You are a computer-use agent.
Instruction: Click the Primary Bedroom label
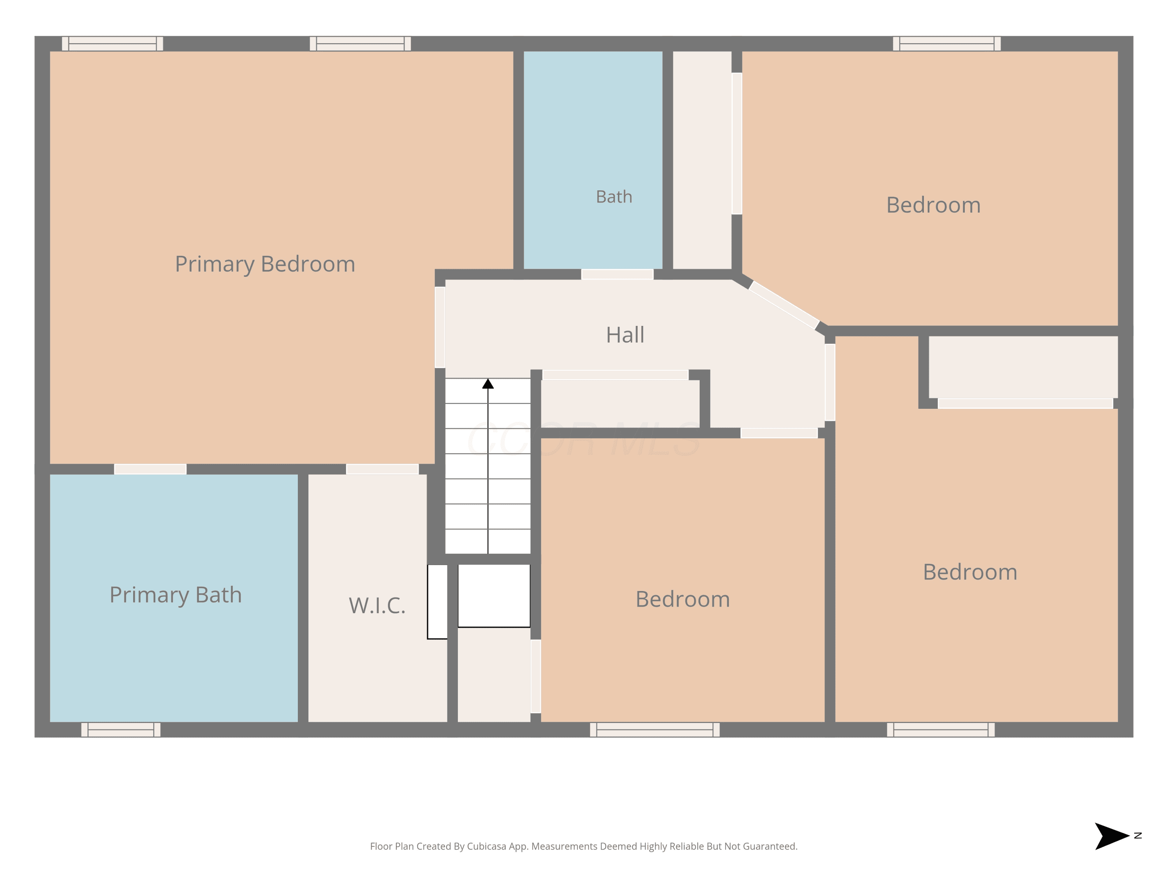click(265, 264)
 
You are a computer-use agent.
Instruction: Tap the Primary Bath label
click(176, 595)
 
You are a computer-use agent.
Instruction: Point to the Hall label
click(625, 335)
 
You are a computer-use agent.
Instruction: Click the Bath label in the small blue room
click(614, 197)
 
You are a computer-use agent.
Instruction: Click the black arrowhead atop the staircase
click(488, 384)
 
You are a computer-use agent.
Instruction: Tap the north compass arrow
click(1112, 836)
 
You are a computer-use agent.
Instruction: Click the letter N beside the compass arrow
click(1138, 836)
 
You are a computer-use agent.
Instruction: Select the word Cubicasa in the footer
click(486, 846)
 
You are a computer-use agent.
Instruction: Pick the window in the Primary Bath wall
click(121, 730)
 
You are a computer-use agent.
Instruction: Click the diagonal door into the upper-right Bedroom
click(784, 305)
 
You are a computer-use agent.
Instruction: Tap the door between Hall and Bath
click(617, 274)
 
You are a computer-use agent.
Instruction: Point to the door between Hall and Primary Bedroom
click(440, 327)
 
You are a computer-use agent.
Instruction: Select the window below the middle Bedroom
click(655, 730)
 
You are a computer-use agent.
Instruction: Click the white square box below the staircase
click(494, 596)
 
